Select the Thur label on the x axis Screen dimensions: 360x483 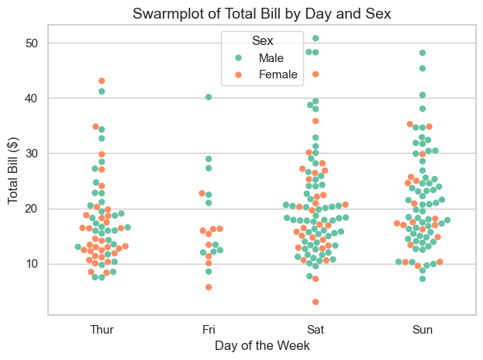102,330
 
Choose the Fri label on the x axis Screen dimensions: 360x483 209,330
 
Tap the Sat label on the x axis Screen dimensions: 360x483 316,330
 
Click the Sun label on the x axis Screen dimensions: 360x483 423,330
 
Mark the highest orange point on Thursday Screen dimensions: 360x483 102,81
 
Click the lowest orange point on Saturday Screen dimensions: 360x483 316,302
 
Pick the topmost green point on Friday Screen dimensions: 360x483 209,97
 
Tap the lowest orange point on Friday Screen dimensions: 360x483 209,287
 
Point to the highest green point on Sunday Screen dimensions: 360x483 423,53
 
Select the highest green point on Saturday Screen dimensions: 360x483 316,38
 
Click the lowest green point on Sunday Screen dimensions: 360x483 423,279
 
